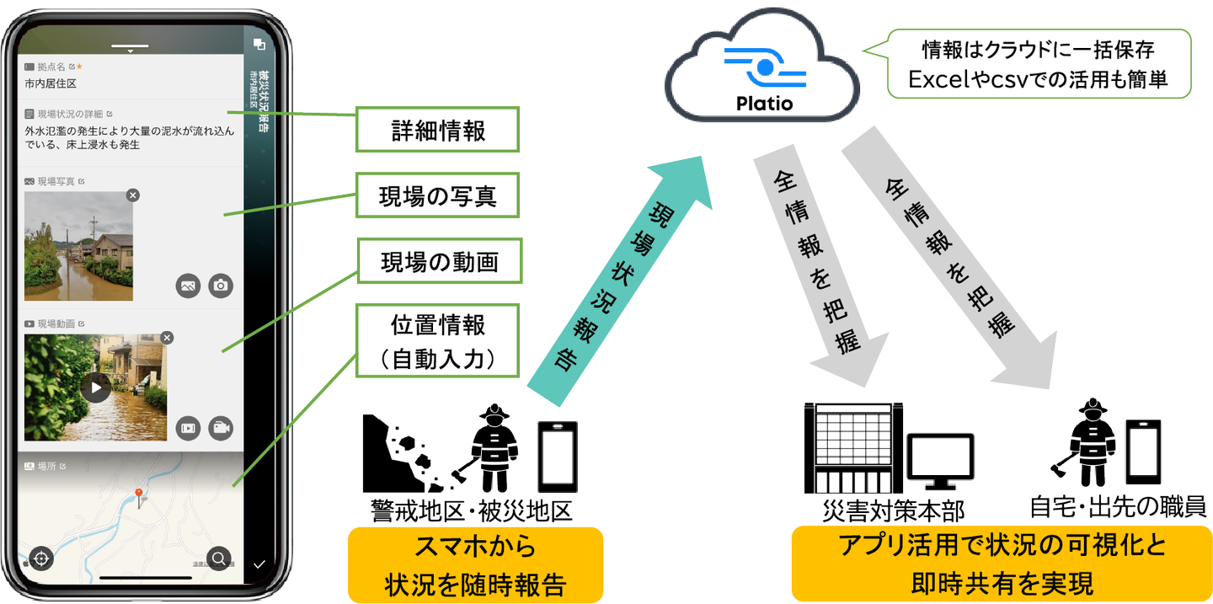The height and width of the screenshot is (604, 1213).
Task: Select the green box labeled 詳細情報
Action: [437, 130]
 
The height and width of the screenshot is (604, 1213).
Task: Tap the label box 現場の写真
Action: [437, 195]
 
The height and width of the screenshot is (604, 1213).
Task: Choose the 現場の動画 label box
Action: [437, 262]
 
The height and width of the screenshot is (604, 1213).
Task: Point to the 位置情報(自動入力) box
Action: [437, 340]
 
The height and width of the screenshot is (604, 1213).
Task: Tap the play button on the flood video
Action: [97, 388]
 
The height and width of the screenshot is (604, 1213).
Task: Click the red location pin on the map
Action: [138, 494]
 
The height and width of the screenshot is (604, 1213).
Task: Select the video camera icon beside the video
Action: [222, 428]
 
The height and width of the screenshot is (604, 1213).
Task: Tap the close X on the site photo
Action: [133, 195]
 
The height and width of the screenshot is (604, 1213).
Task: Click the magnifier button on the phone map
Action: [218, 558]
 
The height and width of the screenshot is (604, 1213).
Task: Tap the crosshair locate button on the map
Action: [41, 558]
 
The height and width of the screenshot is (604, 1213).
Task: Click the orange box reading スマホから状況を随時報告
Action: [475, 564]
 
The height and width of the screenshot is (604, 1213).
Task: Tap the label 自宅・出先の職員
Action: [1118, 507]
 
